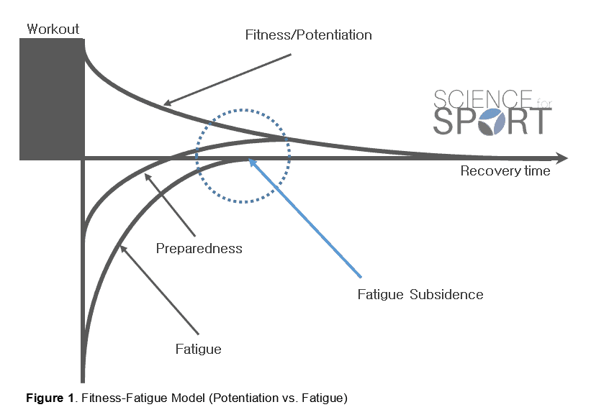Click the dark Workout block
click(52, 99)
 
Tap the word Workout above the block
click(53, 29)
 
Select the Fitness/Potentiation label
click(308, 35)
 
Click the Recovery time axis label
click(505, 171)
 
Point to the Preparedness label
click(199, 249)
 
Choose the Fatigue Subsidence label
click(420, 294)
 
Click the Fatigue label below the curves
click(198, 350)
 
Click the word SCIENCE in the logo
click(481, 99)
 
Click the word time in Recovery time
click(537, 171)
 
